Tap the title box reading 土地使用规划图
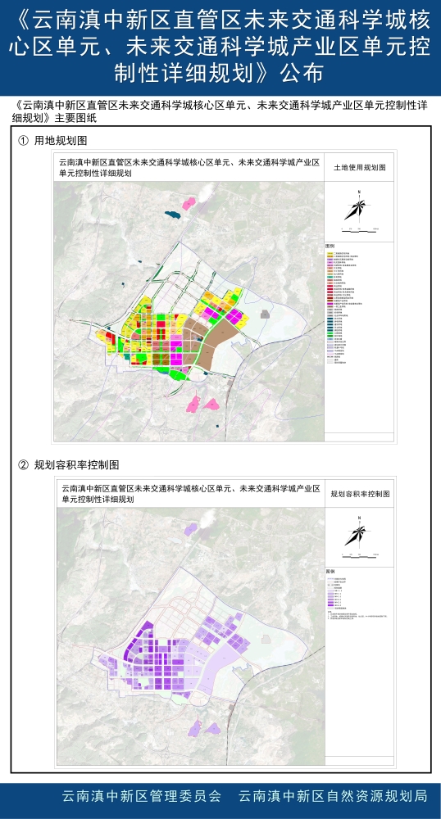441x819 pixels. click(358, 166)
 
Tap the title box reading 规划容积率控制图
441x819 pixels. click(359, 495)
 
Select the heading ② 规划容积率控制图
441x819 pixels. click(70, 465)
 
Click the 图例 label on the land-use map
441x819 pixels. click(330, 246)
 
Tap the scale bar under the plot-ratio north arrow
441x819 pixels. click(358, 556)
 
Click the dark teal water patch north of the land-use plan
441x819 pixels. click(171, 215)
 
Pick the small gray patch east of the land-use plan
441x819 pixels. click(264, 313)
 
